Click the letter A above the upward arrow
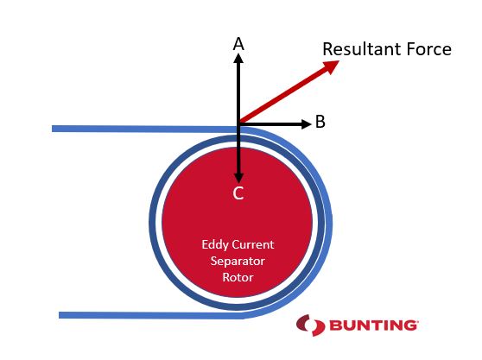pos(238,44)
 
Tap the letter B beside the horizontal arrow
pos(320,122)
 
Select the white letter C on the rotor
pos(238,193)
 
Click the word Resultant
pos(362,49)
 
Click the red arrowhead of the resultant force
pos(331,66)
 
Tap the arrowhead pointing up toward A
pos(238,59)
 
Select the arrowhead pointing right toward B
pos(307,123)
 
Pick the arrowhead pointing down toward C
pos(238,179)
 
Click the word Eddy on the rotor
pos(215,245)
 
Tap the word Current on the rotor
pos(253,245)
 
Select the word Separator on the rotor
pos(238,262)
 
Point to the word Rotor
pos(238,277)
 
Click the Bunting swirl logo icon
pos(310,325)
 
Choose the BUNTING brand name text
pos(374,325)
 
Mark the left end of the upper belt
pos(52,129)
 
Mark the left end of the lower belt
pos(60,315)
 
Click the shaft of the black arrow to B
pos(270,123)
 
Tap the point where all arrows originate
pos(238,123)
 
